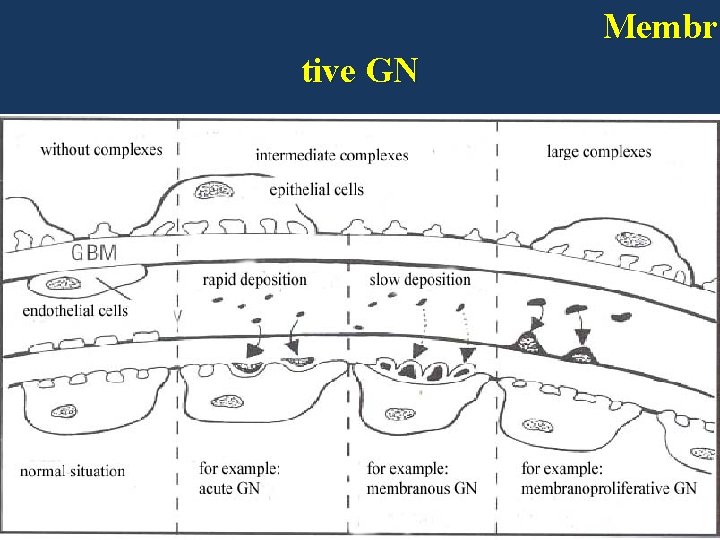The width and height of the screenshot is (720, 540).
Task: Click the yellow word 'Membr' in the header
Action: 660,27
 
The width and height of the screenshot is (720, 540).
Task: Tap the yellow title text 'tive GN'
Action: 359,72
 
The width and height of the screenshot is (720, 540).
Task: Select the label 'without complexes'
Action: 101,150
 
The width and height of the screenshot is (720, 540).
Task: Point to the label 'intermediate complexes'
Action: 332,155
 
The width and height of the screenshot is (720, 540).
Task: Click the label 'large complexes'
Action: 599,152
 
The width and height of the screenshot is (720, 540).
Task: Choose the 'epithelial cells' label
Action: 316,189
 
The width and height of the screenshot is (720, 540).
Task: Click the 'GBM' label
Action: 94,252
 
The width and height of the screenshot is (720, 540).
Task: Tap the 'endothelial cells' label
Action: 74,310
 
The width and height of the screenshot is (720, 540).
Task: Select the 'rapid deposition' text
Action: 255,279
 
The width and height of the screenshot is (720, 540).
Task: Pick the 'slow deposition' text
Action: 420,279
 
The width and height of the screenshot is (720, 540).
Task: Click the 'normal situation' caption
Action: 73,470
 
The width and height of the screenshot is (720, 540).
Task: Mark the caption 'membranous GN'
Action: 422,488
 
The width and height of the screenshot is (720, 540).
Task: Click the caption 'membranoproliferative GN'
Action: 609,488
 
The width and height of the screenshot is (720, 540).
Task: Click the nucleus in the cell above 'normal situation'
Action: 65,411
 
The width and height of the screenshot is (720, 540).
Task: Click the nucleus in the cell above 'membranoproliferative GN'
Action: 541,426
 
